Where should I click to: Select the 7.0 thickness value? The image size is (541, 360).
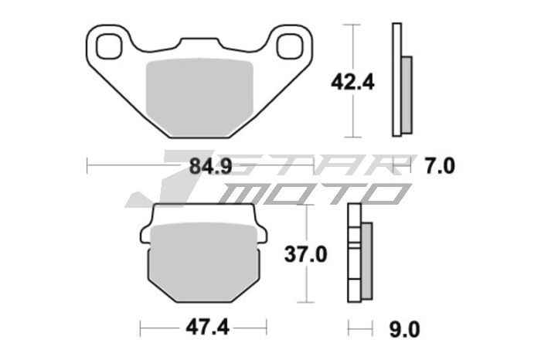[x=441, y=165]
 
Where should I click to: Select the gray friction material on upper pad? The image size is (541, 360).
[x=200, y=96]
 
